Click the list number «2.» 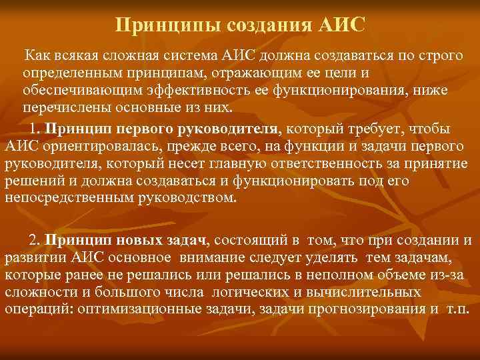click(x=35, y=239)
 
